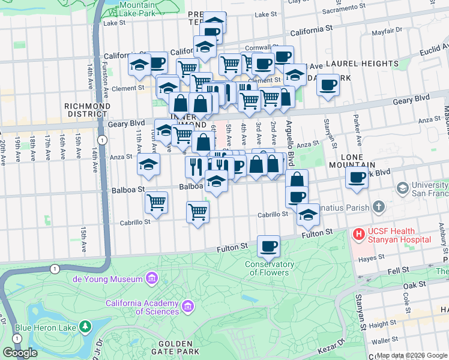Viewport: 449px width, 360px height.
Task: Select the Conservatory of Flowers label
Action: point(270,268)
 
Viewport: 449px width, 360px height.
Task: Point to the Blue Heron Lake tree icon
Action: point(86,327)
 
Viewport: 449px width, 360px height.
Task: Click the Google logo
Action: point(20,353)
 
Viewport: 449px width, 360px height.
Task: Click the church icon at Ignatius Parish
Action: point(378,208)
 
